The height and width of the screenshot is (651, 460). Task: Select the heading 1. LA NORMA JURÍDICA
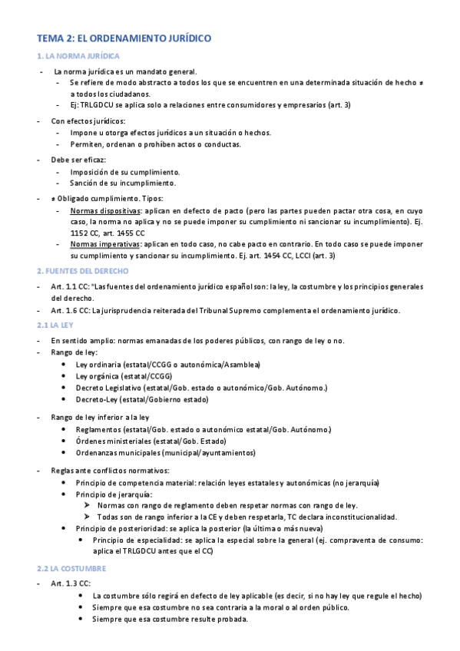78,57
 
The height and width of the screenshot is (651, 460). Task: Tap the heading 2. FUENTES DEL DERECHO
83,271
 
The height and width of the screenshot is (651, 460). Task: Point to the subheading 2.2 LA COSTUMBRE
71,569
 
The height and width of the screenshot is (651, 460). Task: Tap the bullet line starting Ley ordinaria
167,364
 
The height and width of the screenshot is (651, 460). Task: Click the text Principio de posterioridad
121,529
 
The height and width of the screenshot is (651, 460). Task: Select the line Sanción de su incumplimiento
122,183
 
